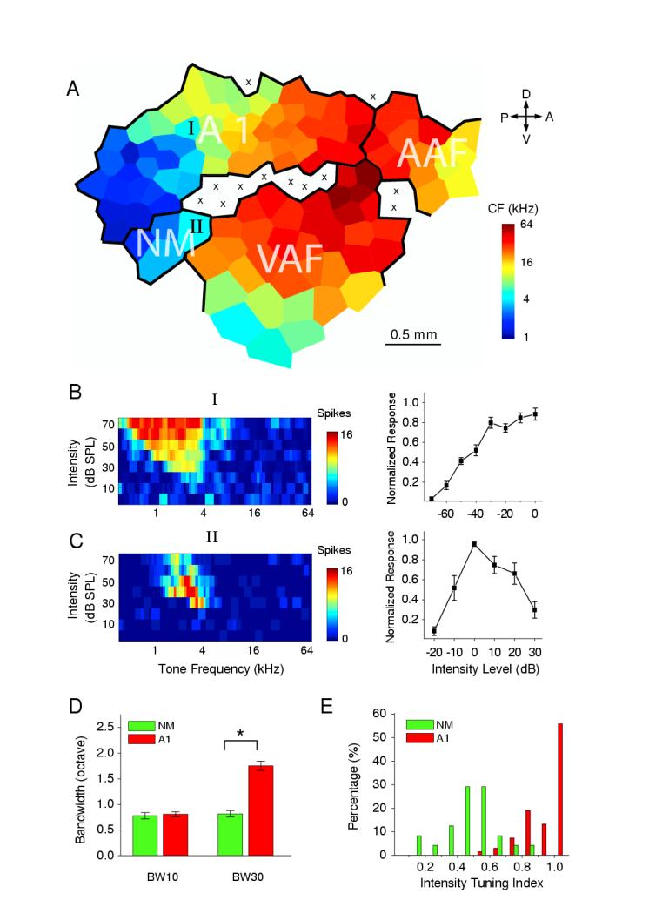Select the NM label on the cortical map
coord(164,243)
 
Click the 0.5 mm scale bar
coord(413,343)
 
